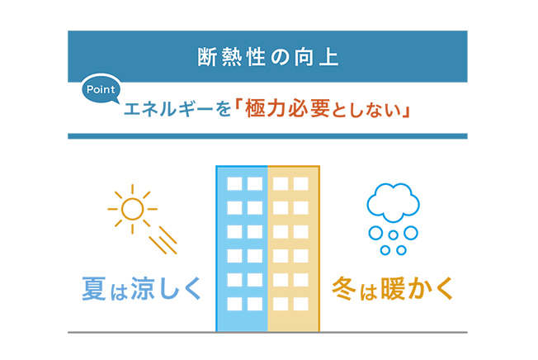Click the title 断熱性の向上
[268, 58]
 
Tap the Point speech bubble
[101, 89]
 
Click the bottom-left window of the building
[234, 300]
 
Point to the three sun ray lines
[163, 239]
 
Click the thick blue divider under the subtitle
[268, 135]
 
